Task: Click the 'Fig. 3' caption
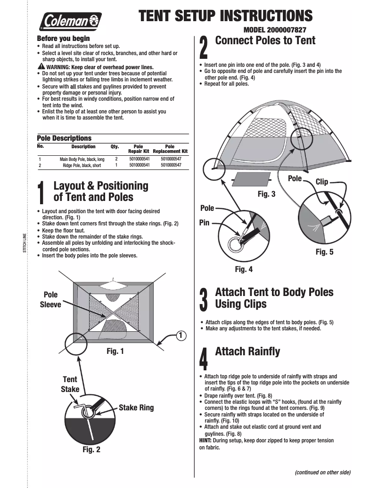(266, 193)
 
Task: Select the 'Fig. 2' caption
(91, 449)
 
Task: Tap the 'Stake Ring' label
(136, 408)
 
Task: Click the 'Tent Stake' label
(69, 384)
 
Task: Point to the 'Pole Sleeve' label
(50, 299)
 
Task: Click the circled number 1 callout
(180, 335)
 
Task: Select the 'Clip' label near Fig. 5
(321, 182)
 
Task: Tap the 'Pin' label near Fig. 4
(204, 223)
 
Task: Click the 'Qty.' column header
(115, 147)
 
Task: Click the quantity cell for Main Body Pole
(116, 160)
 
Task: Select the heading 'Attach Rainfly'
(247, 352)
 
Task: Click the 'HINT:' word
(205, 440)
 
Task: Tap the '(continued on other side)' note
(323, 472)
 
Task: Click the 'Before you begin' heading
(63, 38)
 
